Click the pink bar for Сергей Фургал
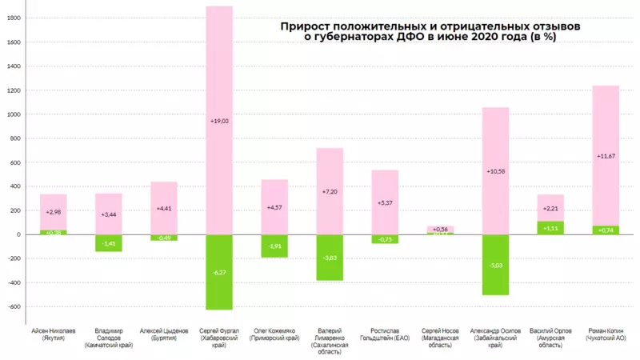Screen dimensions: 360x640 219,80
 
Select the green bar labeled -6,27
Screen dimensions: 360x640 219,272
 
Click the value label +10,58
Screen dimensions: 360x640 495,170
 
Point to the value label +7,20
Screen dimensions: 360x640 330,193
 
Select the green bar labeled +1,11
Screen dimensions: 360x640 550,228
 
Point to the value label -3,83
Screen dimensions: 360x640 330,258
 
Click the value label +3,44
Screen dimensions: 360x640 109,215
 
